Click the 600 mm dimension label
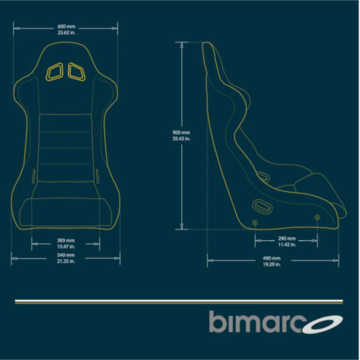click(66, 27)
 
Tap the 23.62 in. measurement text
click(66, 32)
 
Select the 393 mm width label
click(66, 240)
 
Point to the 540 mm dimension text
click(66, 255)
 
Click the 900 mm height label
click(181, 133)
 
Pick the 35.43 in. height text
click(181, 139)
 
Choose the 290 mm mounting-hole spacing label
click(287, 239)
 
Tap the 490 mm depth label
click(272, 258)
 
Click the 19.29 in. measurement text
click(272, 264)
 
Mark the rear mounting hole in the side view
click(255, 223)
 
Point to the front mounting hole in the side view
click(317, 217)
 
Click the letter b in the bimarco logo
click(218, 322)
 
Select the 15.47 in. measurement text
click(66, 247)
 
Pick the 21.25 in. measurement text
click(66, 261)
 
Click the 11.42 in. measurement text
click(287, 245)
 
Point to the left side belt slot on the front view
click(34, 176)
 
